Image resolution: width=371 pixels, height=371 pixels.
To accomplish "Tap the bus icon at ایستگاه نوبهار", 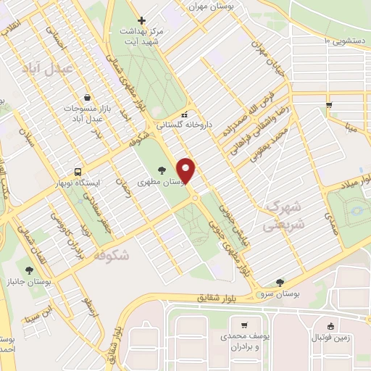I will point(78,172).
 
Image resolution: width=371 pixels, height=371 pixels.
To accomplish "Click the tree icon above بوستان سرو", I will point(280,283).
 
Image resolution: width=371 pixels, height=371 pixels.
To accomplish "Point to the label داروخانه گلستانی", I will point(210,125).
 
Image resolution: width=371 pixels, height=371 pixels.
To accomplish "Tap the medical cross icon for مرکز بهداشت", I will point(141,20).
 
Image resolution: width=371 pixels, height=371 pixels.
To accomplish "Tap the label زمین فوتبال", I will point(331,338).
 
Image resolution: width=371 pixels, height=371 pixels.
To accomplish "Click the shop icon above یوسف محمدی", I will point(243,325).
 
